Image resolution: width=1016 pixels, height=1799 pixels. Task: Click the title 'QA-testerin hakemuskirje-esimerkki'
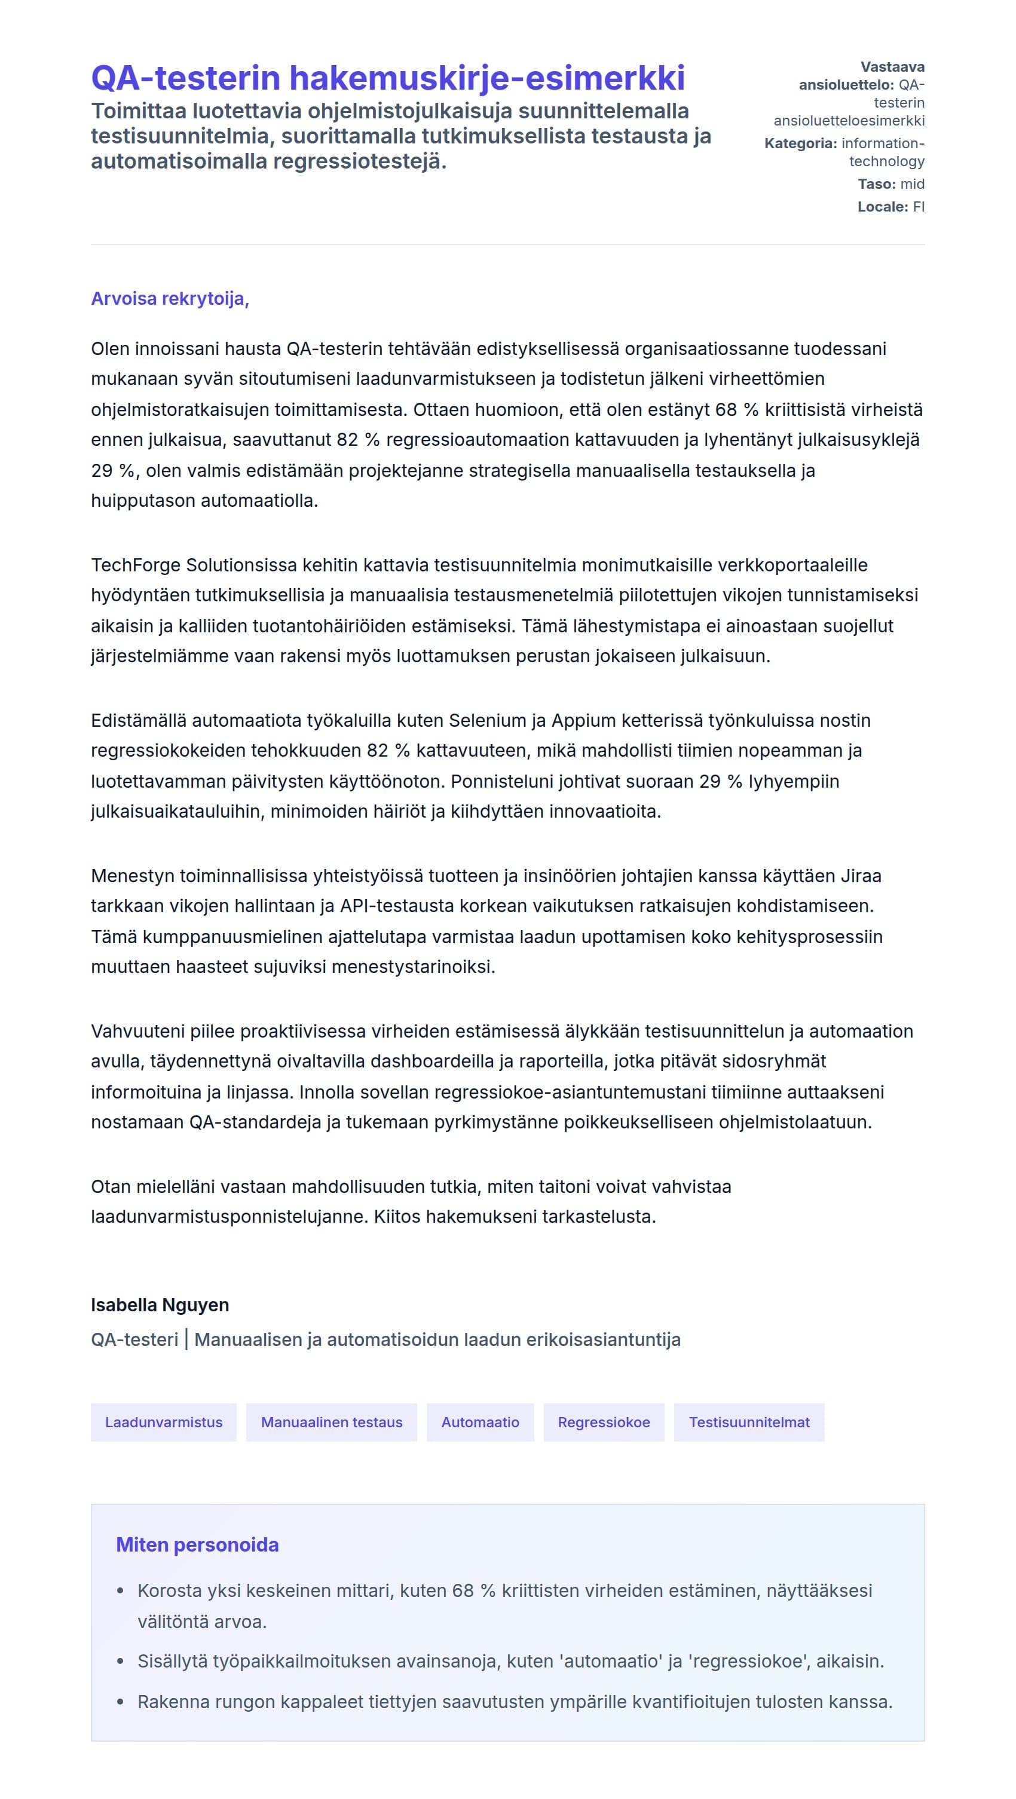387,78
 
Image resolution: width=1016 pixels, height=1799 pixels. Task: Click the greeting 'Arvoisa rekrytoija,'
170,299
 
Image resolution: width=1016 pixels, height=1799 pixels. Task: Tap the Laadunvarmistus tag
163,1422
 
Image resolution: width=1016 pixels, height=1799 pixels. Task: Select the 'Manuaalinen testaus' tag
331,1422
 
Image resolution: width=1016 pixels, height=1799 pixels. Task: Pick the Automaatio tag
480,1422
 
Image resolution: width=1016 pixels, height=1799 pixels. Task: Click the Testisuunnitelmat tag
749,1422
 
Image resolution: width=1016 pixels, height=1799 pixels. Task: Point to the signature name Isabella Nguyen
160,1305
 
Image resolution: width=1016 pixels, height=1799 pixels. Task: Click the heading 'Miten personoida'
197,1545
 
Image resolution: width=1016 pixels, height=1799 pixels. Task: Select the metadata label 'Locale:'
883,207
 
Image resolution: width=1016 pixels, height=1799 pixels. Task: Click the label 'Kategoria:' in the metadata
800,144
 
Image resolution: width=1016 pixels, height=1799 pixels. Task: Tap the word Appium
584,721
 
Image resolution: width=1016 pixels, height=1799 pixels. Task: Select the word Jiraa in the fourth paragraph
861,876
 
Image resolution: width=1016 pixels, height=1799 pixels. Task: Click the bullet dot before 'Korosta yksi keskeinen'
120,1592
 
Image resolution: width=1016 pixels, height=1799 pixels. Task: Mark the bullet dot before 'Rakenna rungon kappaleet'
120,1703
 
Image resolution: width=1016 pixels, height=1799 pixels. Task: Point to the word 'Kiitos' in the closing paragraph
397,1216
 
